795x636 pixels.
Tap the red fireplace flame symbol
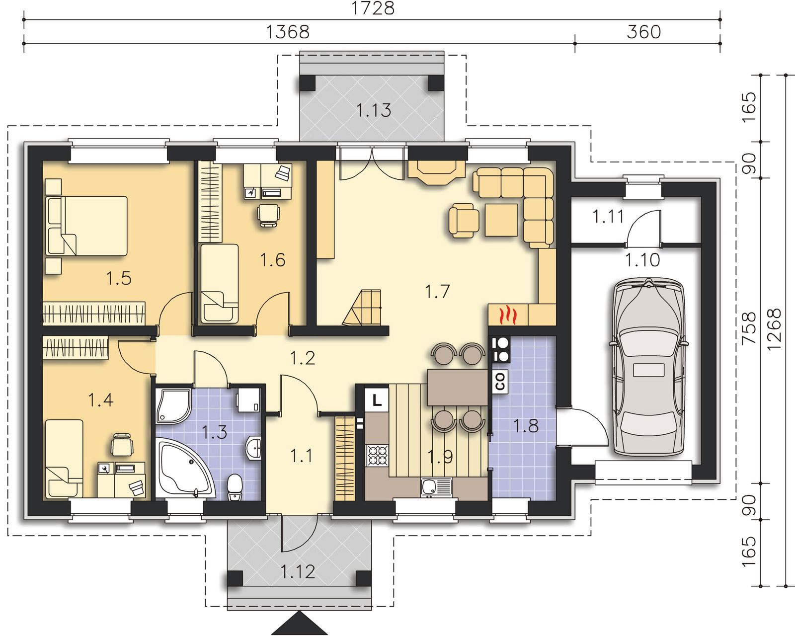[x=506, y=315]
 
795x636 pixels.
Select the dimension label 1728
[x=373, y=8]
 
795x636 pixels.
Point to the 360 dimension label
[x=643, y=32]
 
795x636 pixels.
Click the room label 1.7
[x=437, y=292]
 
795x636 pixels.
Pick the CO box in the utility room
[x=500, y=382]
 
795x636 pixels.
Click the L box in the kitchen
[x=377, y=400]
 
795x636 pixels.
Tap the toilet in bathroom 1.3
[x=235, y=487]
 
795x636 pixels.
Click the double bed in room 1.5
[x=86, y=226]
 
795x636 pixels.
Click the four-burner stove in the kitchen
[x=377, y=455]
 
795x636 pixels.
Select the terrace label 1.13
[x=374, y=110]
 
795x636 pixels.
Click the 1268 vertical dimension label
[x=774, y=329]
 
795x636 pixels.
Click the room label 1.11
[x=608, y=217]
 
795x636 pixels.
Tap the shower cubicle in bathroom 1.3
[x=173, y=406]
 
